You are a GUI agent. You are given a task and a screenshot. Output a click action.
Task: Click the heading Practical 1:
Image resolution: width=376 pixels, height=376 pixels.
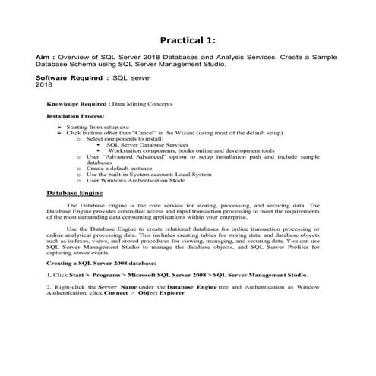(x=188, y=39)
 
